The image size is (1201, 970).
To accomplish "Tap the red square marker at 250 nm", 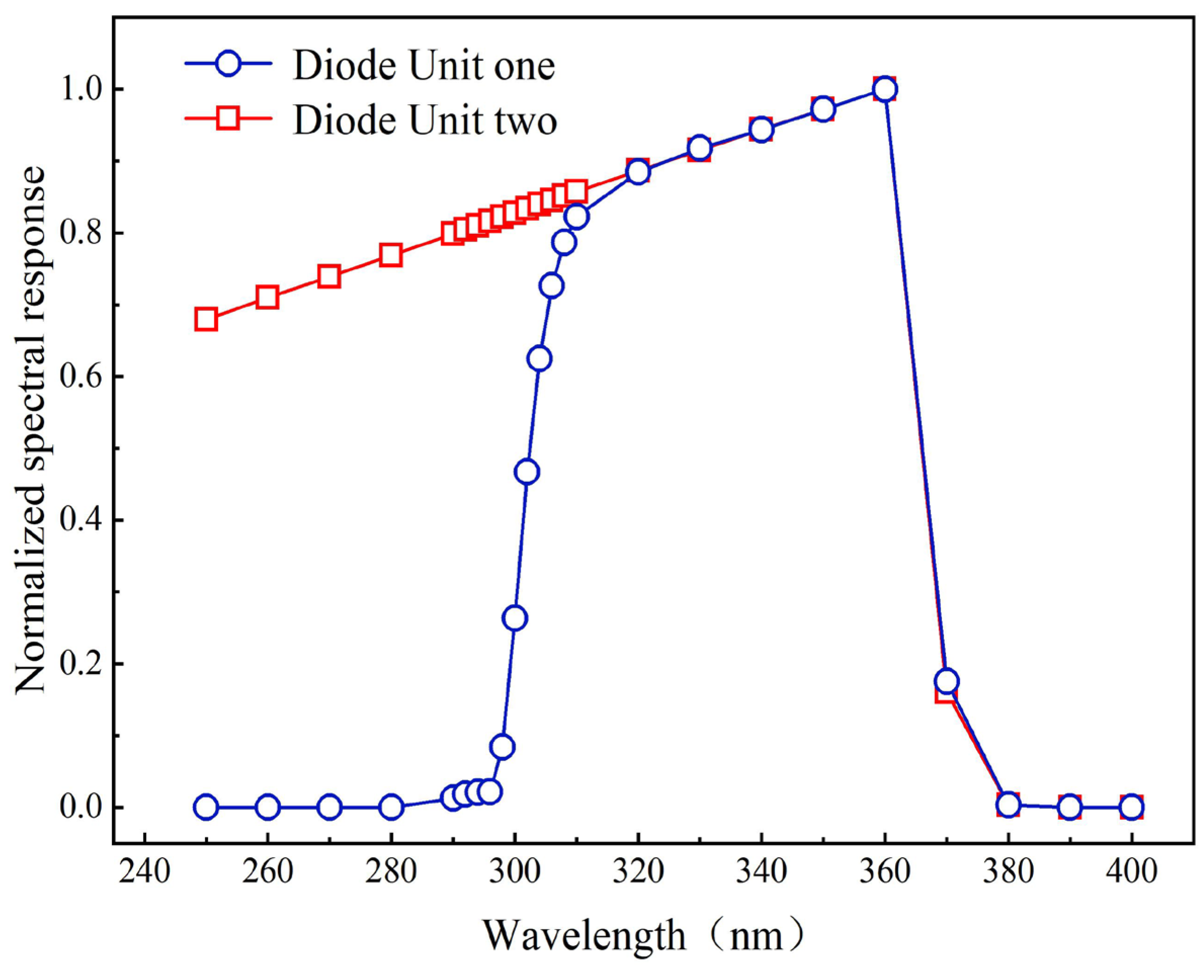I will click(x=206, y=320).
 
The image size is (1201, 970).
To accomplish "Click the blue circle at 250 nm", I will click(x=206, y=808).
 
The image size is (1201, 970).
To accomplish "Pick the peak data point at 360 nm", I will click(x=885, y=89).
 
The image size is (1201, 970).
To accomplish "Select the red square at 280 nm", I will click(x=391, y=256).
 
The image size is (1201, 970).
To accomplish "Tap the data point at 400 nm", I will click(x=1131, y=808).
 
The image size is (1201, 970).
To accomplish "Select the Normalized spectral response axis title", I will click(x=31, y=430).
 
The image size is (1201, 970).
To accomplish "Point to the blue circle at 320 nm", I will click(x=637, y=172).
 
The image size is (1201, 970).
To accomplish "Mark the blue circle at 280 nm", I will click(x=391, y=808).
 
